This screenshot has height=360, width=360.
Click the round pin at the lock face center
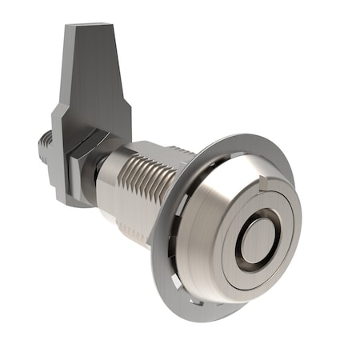[255, 240]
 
